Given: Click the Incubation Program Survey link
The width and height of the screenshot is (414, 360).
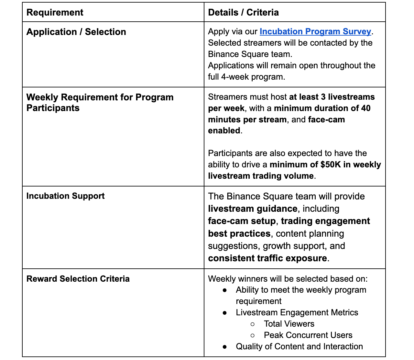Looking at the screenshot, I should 315,31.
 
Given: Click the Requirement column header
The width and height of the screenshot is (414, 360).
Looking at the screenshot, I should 55,12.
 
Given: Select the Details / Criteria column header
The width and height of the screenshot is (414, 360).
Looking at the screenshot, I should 243,12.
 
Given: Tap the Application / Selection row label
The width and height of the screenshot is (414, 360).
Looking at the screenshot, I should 76,32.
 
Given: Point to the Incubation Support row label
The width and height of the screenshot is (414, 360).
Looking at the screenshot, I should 65,196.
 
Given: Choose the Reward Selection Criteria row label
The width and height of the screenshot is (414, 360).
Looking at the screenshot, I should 78,279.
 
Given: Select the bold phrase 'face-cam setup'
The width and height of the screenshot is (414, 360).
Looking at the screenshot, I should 242,221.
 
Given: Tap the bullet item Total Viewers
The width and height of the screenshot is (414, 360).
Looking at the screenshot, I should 289,324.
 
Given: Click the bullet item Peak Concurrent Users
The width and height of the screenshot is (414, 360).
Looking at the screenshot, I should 308,335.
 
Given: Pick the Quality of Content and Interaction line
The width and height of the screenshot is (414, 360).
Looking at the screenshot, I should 299,346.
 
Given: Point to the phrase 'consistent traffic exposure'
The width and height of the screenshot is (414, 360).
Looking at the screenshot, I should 267,258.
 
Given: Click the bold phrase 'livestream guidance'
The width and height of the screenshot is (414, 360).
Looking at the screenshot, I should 253,208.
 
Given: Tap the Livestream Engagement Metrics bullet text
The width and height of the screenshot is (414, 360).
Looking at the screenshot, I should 297,312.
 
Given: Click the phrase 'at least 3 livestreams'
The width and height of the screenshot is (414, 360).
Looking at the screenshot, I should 332,97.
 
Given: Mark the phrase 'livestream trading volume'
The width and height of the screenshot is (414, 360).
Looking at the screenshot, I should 261,176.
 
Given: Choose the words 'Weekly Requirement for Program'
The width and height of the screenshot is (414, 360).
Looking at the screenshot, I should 100,97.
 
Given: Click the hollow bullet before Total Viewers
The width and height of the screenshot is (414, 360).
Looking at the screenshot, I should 253,324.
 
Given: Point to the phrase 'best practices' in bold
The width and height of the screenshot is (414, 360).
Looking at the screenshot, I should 239,233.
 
